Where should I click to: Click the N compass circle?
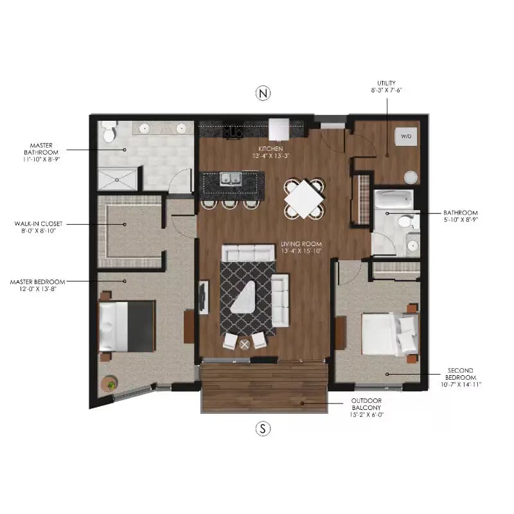pos(262,94)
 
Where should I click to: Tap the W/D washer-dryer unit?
pos(406,137)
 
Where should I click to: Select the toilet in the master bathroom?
pos(109,132)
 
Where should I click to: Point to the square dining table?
pos(304,198)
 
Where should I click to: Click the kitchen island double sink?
pos(231,179)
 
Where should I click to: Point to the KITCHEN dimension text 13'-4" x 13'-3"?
pos(272,155)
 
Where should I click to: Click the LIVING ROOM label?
pos(301,245)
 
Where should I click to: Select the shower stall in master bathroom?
pos(117,179)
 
